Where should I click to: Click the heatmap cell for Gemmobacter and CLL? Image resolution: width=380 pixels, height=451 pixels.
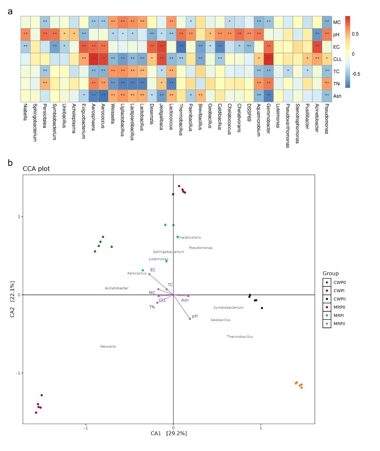tap(268, 59)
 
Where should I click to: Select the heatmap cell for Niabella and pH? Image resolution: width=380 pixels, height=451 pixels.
tap(25, 34)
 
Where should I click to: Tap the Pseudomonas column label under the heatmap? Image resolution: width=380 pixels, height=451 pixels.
tap(327, 119)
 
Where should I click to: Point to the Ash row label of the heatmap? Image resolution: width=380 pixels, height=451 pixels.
tap(337, 96)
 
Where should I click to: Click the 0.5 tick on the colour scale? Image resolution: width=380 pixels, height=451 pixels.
tap(355, 34)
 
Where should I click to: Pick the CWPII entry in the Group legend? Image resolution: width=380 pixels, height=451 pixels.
tap(339, 299)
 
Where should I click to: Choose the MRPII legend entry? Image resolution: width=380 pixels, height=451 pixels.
tap(339, 324)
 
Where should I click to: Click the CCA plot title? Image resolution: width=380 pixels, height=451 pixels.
tap(36, 169)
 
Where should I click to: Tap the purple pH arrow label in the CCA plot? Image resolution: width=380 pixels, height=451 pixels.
tap(194, 316)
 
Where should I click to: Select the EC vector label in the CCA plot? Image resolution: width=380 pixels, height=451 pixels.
tap(153, 270)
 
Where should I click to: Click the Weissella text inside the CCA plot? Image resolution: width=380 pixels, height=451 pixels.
tap(108, 347)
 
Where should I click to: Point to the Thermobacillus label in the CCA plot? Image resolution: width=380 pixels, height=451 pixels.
tap(240, 337)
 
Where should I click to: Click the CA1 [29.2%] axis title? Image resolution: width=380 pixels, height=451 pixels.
tap(169, 433)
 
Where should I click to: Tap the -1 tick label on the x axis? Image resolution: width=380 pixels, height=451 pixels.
tap(86, 428)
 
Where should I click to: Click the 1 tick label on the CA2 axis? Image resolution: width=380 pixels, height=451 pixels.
tap(19, 217)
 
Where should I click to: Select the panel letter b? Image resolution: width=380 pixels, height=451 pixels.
tap(10, 163)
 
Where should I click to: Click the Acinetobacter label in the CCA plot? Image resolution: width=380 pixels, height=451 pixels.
tap(116, 288)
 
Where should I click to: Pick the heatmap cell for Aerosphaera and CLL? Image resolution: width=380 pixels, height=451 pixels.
tap(93, 59)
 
